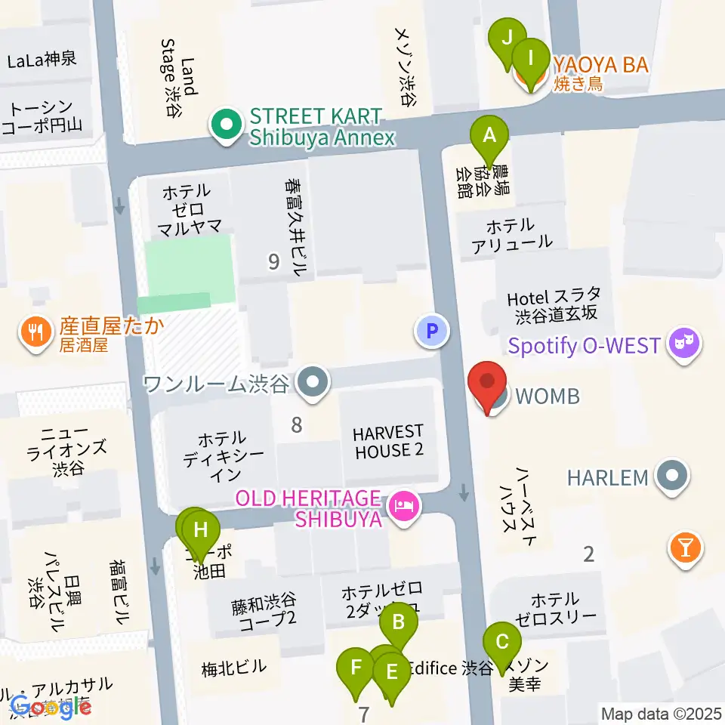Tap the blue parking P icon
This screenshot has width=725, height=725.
pyautogui.click(x=432, y=330)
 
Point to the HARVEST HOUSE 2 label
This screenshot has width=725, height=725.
pyautogui.click(x=388, y=441)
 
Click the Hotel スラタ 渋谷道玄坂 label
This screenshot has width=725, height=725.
pyautogui.click(x=555, y=304)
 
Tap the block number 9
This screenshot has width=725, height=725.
pyautogui.click(x=273, y=262)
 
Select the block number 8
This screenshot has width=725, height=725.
pyautogui.click(x=297, y=425)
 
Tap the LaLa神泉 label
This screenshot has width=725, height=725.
pyautogui.click(x=42, y=59)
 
